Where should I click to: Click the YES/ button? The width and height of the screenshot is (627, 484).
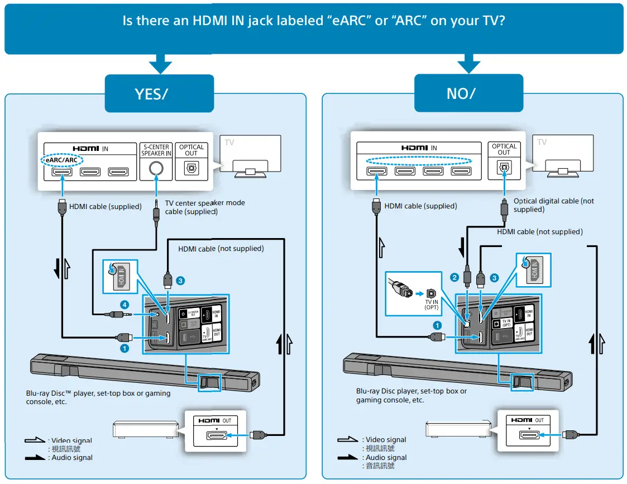(159, 93)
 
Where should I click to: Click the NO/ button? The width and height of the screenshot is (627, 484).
(468, 93)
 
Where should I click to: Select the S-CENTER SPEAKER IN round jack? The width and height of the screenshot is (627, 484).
(156, 167)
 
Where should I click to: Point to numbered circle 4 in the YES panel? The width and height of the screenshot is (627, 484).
(125, 305)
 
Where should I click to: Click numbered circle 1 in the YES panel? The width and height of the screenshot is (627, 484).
(125, 348)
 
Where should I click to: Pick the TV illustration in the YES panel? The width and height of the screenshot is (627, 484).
(250, 156)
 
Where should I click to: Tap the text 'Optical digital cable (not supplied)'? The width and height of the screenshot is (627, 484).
(553, 205)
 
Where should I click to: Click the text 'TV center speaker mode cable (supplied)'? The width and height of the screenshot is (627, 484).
(205, 207)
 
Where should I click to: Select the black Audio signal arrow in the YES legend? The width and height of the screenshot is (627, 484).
(35, 458)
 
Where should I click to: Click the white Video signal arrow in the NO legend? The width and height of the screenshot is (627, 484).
(348, 440)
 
